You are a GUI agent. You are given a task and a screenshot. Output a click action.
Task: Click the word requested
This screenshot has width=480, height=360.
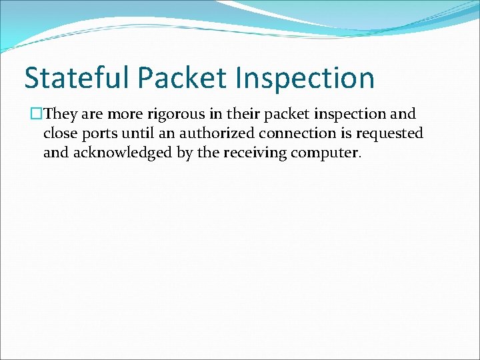(387, 133)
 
